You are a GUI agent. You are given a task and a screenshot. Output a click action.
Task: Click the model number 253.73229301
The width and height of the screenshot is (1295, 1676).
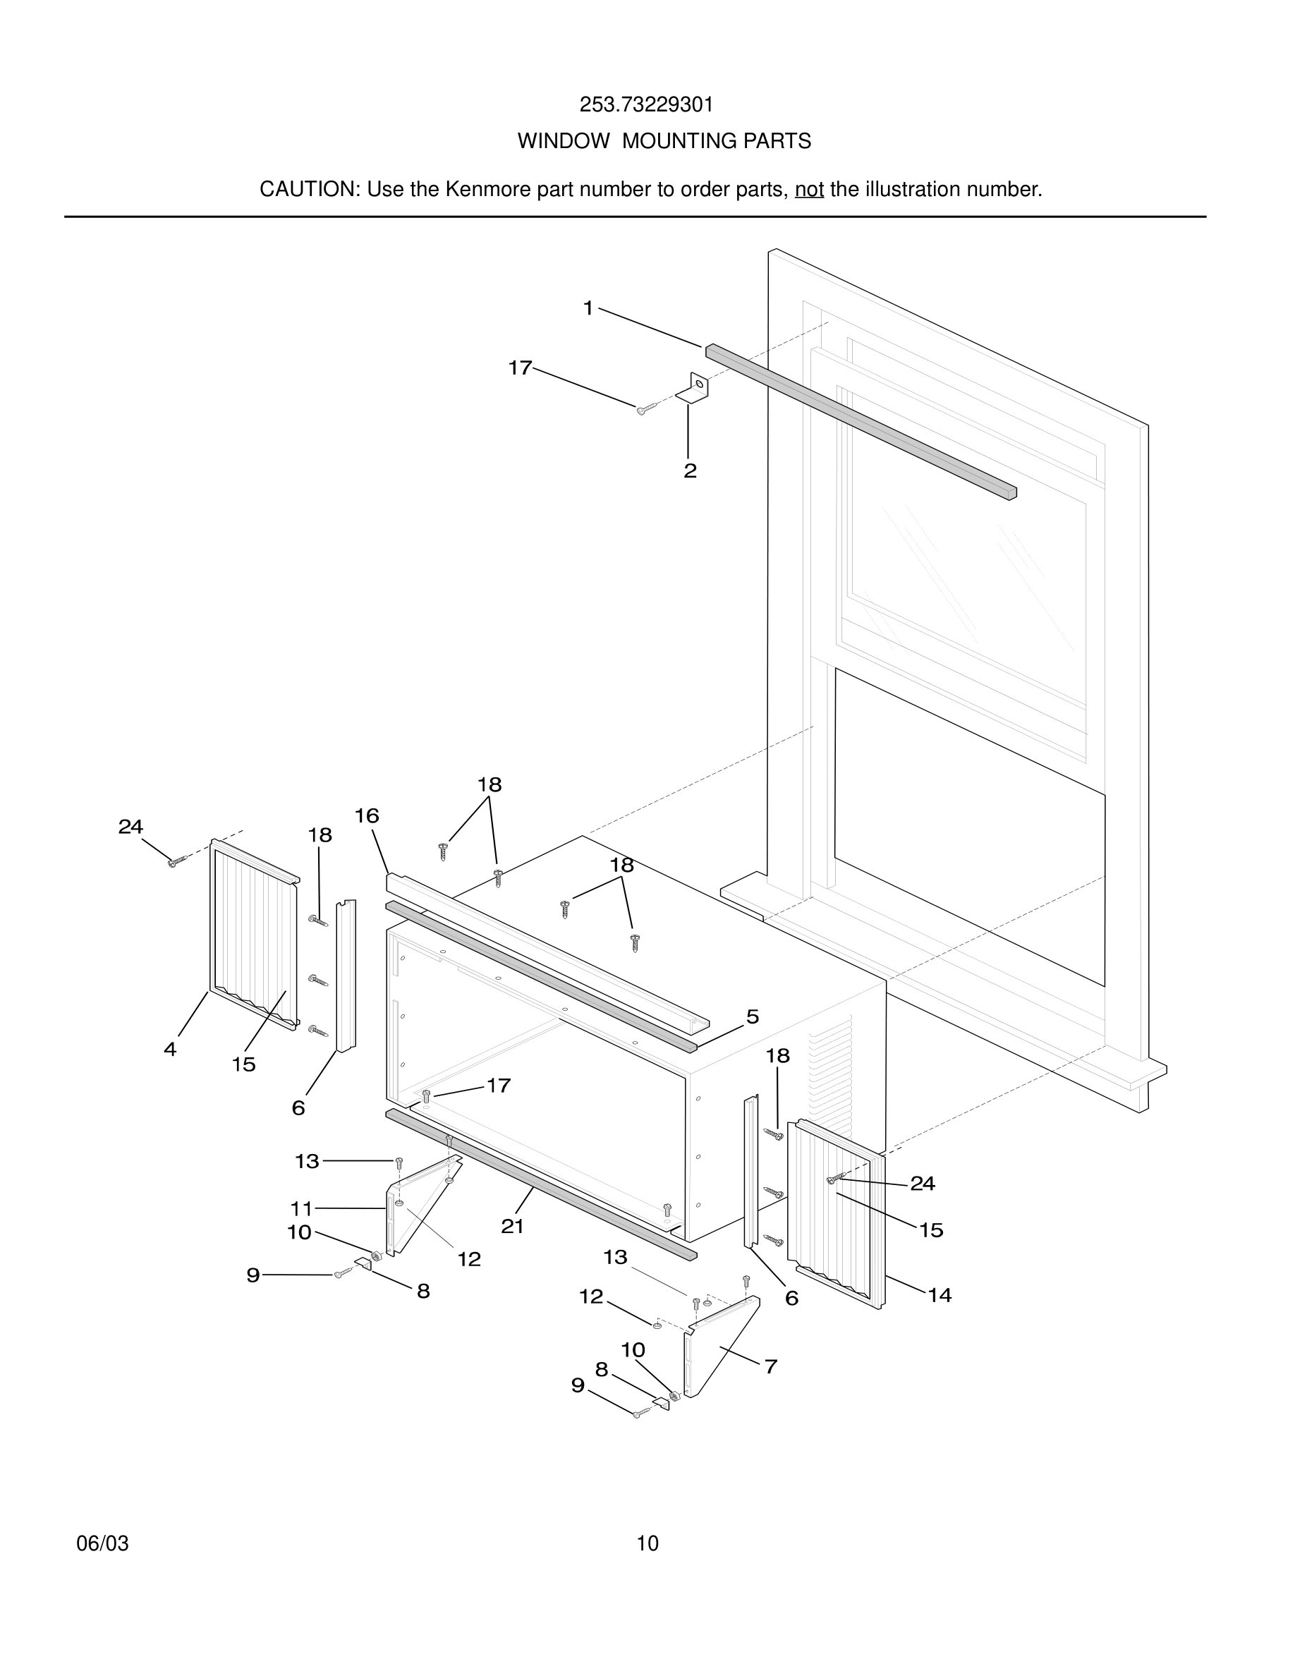tap(646, 105)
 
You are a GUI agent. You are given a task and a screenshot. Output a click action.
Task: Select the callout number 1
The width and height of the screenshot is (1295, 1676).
tap(588, 308)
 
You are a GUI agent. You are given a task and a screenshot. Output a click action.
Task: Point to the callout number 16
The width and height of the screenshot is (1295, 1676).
tap(367, 815)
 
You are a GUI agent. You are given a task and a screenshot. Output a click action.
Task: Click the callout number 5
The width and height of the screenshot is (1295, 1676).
tap(753, 1016)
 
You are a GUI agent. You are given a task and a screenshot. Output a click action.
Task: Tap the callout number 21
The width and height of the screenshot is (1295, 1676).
tap(513, 1226)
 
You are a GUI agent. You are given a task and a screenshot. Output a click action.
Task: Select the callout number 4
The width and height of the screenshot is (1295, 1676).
tap(170, 1049)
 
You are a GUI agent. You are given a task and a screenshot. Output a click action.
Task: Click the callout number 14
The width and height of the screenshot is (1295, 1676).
tap(939, 1295)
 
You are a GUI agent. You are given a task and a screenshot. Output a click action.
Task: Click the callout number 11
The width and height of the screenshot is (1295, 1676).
tap(301, 1208)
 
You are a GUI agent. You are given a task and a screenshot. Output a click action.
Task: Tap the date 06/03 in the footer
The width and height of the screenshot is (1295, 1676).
tap(102, 1543)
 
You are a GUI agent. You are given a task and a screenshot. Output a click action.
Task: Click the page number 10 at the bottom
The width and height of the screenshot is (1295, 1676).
tap(647, 1543)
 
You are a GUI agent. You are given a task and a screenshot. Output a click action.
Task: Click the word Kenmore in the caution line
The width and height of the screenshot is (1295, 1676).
tap(487, 190)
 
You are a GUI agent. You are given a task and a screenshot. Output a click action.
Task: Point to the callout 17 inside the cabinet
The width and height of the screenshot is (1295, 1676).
tap(499, 1085)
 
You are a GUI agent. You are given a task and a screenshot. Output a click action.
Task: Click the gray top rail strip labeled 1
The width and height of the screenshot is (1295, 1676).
tap(859, 421)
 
